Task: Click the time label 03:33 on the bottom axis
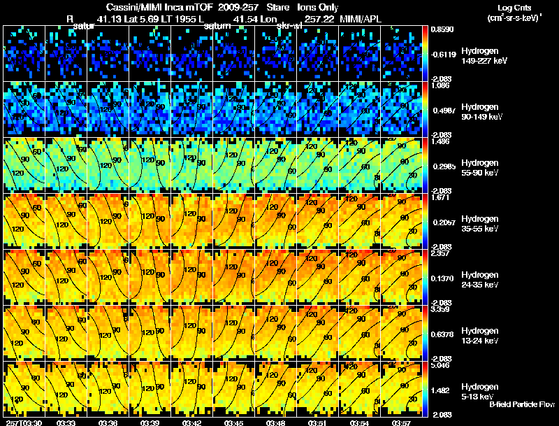point(66,422)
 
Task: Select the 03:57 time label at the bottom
point(401,422)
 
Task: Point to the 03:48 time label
point(275,422)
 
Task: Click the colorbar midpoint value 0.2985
point(442,166)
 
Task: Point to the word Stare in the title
point(268,8)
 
